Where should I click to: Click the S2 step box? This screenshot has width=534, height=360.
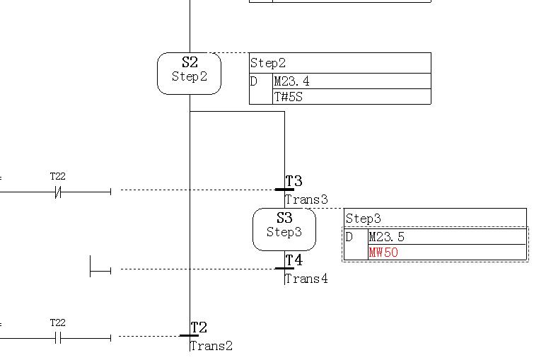click(189, 73)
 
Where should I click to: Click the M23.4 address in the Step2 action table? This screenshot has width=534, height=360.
click(291, 81)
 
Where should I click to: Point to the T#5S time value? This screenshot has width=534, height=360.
click(289, 97)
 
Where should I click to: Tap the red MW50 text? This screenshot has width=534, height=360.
click(383, 252)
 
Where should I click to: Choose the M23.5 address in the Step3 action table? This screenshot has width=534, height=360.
click(387, 237)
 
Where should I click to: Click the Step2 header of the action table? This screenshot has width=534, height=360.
click(268, 63)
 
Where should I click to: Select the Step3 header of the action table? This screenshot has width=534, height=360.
click(364, 219)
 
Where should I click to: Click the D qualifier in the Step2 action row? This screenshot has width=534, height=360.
click(254, 81)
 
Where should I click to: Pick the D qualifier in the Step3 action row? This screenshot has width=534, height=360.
click(349, 237)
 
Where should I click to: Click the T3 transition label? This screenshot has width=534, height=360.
click(294, 182)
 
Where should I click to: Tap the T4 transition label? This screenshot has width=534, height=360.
click(294, 261)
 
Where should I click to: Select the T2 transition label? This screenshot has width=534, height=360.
click(199, 327)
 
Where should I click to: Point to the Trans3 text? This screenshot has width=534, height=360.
click(306, 199)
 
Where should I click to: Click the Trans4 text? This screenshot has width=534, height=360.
click(306, 279)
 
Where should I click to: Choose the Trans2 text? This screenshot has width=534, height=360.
click(211, 346)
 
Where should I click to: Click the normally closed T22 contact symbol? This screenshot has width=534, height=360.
click(58, 191)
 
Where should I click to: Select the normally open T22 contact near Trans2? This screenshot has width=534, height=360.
click(58, 338)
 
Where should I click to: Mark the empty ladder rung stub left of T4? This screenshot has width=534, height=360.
click(100, 269)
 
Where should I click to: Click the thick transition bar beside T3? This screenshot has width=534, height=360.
click(284, 190)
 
